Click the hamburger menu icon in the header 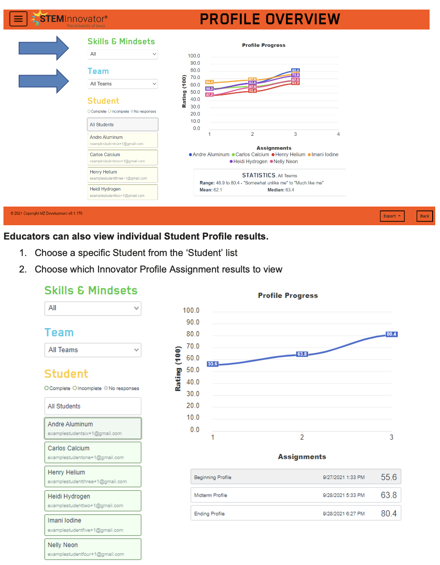click(x=18, y=19)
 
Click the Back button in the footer click(x=424, y=216)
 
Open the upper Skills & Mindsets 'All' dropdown click(x=122, y=54)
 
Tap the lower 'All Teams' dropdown click(x=93, y=350)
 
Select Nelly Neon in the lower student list click(x=93, y=549)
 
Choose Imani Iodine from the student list click(x=93, y=525)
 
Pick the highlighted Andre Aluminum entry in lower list click(x=93, y=428)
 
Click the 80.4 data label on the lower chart click(x=391, y=334)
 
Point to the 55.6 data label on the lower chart click(x=213, y=364)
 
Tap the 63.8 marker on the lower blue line click(x=302, y=354)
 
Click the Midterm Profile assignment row click(x=296, y=495)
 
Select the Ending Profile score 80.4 click(x=388, y=514)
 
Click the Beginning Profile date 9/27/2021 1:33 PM click(x=344, y=477)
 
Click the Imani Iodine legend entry click(x=323, y=154)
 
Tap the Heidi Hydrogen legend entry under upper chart click(x=249, y=161)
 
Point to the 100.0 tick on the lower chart click(x=191, y=311)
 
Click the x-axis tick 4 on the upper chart click(x=338, y=135)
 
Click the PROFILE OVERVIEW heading click(x=270, y=20)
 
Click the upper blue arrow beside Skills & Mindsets click(x=43, y=48)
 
